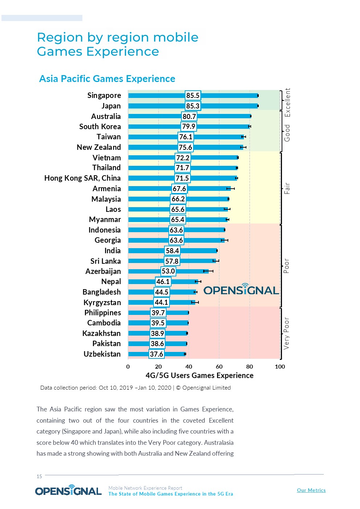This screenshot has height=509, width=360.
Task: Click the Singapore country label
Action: pyautogui.click(x=104, y=95)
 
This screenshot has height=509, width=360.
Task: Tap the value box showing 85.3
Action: pyautogui.click(x=193, y=106)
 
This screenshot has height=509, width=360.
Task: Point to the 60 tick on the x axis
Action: pyautogui.click(x=219, y=366)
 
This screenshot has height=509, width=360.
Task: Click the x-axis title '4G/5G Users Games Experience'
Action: pyautogui.click(x=199, y=375)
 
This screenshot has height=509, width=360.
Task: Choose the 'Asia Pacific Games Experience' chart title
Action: pyautogui.click(x=107, y=79)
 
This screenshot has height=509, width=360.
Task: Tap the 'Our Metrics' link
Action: pyautogui.click(x=311, y=490)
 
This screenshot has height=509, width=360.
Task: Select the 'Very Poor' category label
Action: pyautogui.click(x=287, y=333)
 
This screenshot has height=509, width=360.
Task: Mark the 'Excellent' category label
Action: pyautogui.click(x=287, y=102)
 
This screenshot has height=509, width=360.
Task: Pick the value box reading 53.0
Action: pyautogui.click(x=168, y=271)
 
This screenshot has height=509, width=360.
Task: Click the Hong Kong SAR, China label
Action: pyautogui.click(x=82, y=178)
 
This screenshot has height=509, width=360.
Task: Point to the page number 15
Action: pyautogui.click(x=39, y=476)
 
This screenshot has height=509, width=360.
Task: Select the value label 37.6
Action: pyautogui.click(x=156, y=354)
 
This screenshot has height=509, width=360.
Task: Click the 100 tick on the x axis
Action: pyautogui.click(x=280, y=366)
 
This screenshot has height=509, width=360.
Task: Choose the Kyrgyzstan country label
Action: pyautogui.click(x=102, y=303)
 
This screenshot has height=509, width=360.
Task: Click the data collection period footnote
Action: pyautogui.click(x=135, y=387)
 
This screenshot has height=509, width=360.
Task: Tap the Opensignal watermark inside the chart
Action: pyautogui.click(x=241, y=290)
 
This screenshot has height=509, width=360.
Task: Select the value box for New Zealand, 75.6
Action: pyautogui.click(x=185, y=147)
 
